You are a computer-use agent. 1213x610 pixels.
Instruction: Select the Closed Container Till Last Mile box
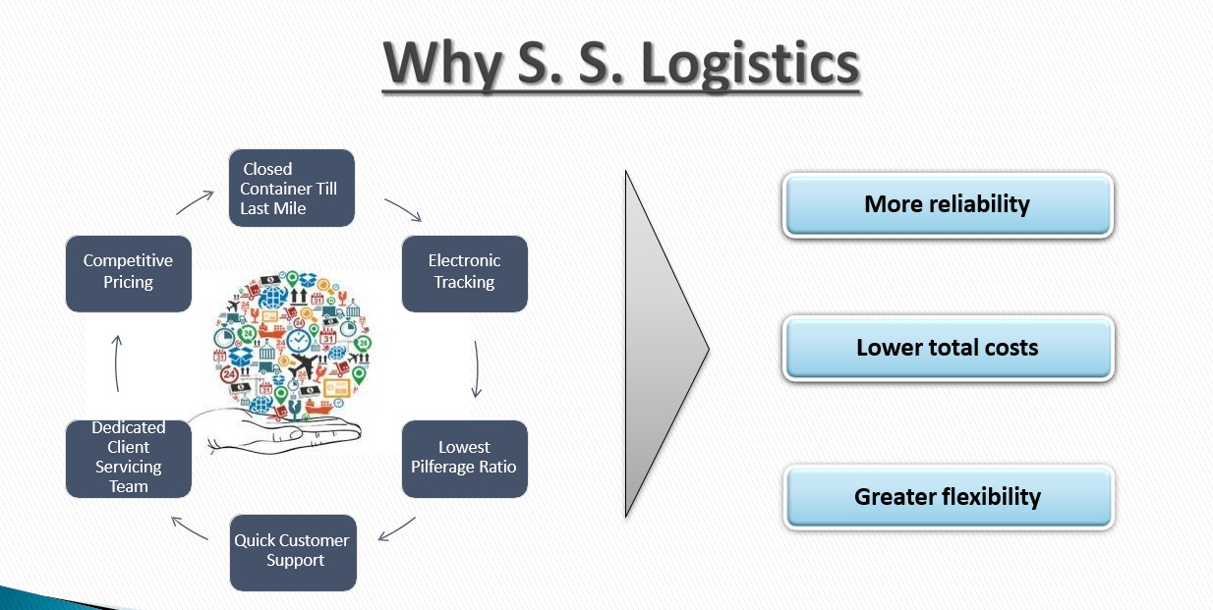(x=291, y=188)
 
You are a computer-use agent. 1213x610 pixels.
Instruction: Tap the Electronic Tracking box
(x=464, y=272)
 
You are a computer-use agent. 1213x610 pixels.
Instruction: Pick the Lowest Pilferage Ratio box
(x=464, y=458)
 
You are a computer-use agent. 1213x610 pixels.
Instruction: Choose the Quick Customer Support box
(x=292, y=551)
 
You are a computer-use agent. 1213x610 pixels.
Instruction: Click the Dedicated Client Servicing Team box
(x=128, y=458)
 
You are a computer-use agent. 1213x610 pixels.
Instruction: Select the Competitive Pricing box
(x=128, y=272)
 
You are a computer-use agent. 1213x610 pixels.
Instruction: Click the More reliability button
(x=947, y=204)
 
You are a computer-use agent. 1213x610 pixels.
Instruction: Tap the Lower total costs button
(x=947, y=348)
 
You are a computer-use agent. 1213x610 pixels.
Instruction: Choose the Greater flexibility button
(x=947, y=497)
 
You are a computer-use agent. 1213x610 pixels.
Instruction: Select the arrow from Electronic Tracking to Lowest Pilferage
(x=477, y=369)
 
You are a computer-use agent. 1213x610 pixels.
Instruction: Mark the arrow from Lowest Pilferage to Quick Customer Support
(x=397, y=528)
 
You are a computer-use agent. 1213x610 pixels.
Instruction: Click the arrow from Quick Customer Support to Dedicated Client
(x=189, y=527)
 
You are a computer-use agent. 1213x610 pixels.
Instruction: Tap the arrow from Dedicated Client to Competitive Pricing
(x=116, y=364)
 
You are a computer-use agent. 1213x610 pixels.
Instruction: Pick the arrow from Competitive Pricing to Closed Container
(x=195, y=202)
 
